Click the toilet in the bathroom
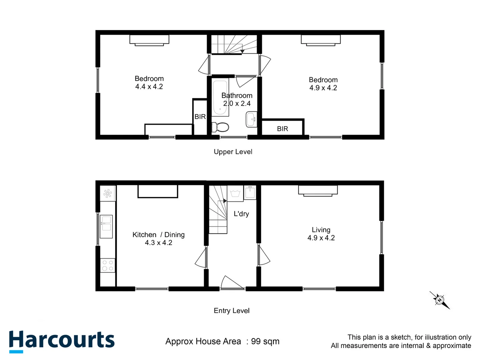[221, 127]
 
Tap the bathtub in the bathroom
[220, 98]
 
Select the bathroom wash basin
[251, 119]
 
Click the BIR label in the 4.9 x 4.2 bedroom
[282, 129]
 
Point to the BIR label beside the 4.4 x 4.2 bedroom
[200, 117]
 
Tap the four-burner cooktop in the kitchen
[108, 265]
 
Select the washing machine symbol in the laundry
[235, 193]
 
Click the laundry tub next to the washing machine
[250, 192]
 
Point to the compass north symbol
[440, 300]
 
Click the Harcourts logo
[62, 341]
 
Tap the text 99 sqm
[265, 341]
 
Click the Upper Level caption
[233, 152]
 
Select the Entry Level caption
[232, 311]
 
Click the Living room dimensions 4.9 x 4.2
[321, 238]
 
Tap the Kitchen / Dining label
[158, 235]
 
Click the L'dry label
[241, 214]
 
